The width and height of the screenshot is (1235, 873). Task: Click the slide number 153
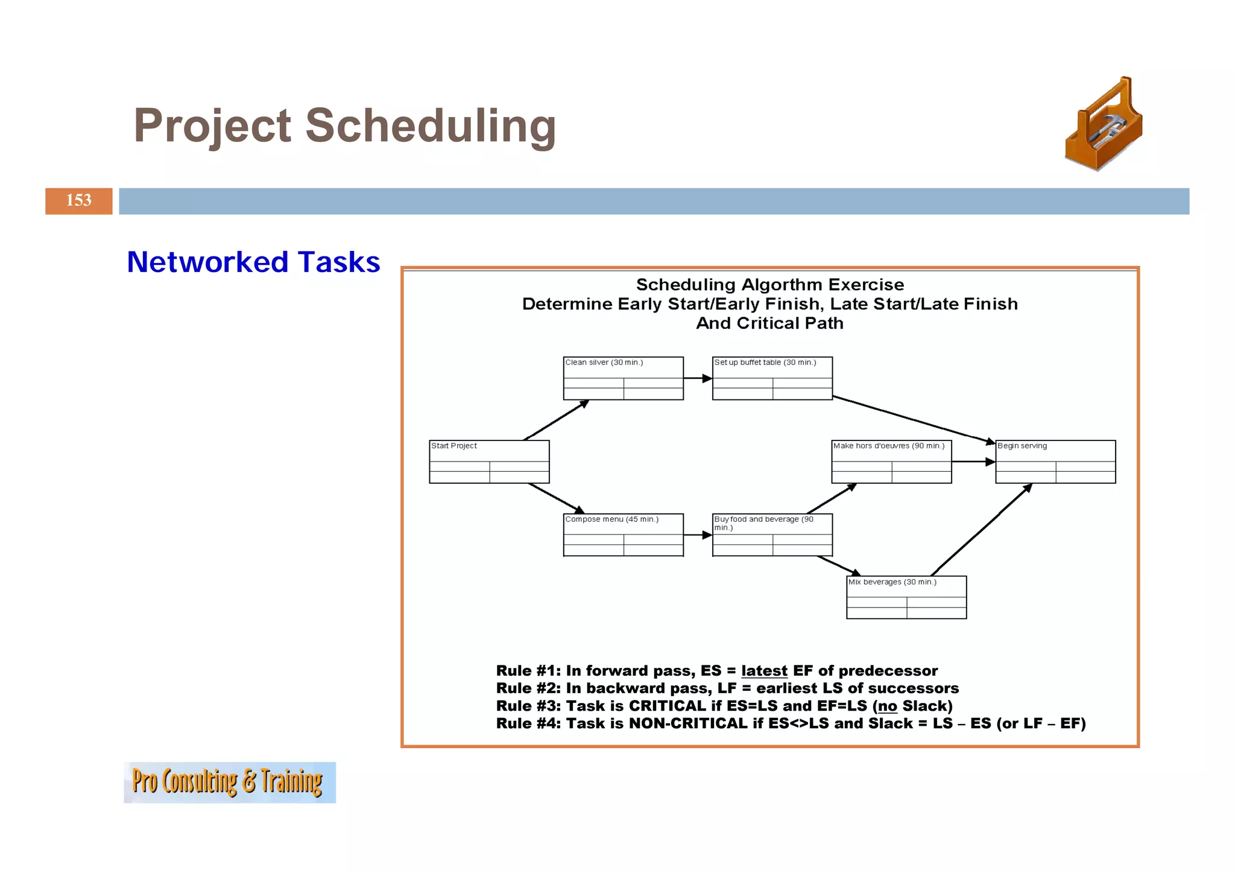78,200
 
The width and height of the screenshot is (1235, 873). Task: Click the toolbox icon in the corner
1104,125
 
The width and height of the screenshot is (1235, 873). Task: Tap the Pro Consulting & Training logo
229,782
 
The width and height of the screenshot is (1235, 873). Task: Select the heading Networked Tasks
253,262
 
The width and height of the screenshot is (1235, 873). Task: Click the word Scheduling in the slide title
430,125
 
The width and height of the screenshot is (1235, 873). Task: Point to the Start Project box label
454,446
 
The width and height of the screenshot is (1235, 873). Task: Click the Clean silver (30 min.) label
604,363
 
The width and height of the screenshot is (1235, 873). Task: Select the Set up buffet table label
765,363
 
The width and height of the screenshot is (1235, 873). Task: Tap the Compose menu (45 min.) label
611,519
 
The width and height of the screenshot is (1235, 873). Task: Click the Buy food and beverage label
763,520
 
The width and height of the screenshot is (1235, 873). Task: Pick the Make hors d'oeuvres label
888,446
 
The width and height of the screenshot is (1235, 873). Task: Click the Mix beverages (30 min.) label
892,582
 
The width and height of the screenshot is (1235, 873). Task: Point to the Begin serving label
1022,446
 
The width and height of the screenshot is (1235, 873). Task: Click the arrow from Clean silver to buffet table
698,378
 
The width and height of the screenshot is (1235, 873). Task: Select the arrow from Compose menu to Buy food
698,535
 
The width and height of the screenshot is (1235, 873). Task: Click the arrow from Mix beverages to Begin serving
981,530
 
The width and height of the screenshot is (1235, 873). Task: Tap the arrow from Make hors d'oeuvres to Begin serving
973,462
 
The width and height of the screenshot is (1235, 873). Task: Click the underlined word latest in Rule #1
764,671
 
